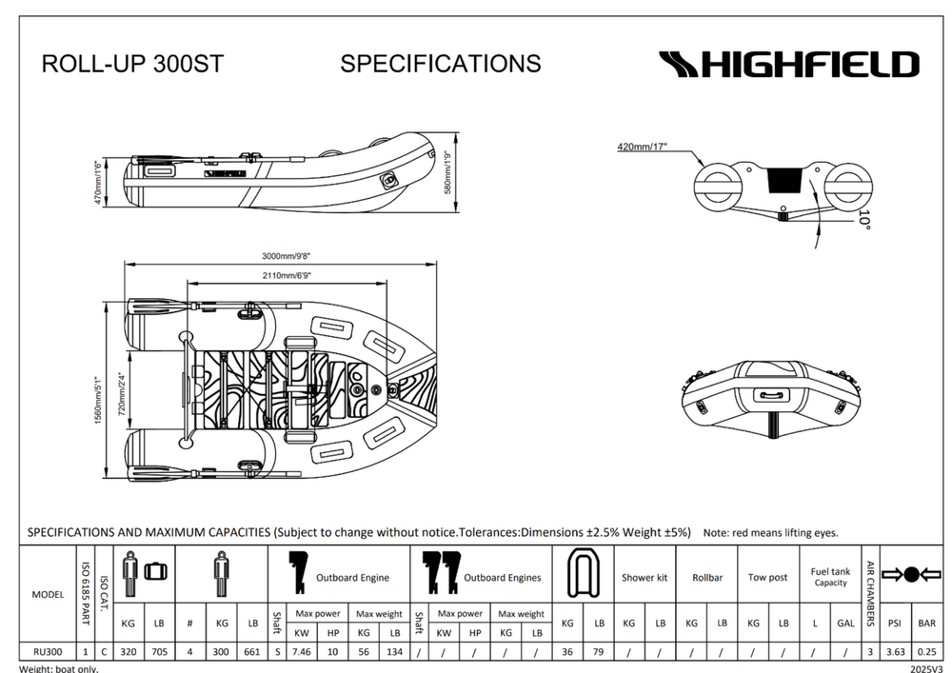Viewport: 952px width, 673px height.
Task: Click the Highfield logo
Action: pyautogui.click(x=789, y=65)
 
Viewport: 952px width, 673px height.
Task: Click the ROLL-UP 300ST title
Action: pyautogui.click(x=132, y=64)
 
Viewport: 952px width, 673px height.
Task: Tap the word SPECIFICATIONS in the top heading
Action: pyautogui.click(x=440, y=64)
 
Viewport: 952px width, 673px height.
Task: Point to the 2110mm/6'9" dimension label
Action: pyautogui.click(x=288, y=275)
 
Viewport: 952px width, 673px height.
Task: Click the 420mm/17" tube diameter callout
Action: pyautogui.click(x=643, y=147)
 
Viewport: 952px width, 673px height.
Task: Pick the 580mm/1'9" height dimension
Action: pyautogui.click(x=446, y=172)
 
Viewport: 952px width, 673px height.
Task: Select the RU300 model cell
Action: pyautogui.click(x=48, y=652)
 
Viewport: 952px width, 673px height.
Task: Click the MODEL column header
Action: pyautogui.click(x=48, y=594)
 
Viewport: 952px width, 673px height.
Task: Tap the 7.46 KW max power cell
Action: pyautogui.click(x=303, y=652)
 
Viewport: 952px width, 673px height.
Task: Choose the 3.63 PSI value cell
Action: pyautogui.click(x=894, y=652)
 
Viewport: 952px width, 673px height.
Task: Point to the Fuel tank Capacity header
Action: pyautogui.click(x=830, y=577)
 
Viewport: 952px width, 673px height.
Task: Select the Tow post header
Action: pyautogui.click(x=767, y=577)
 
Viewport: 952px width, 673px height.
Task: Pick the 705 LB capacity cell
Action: pyautogui.click(x=158, y=652)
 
